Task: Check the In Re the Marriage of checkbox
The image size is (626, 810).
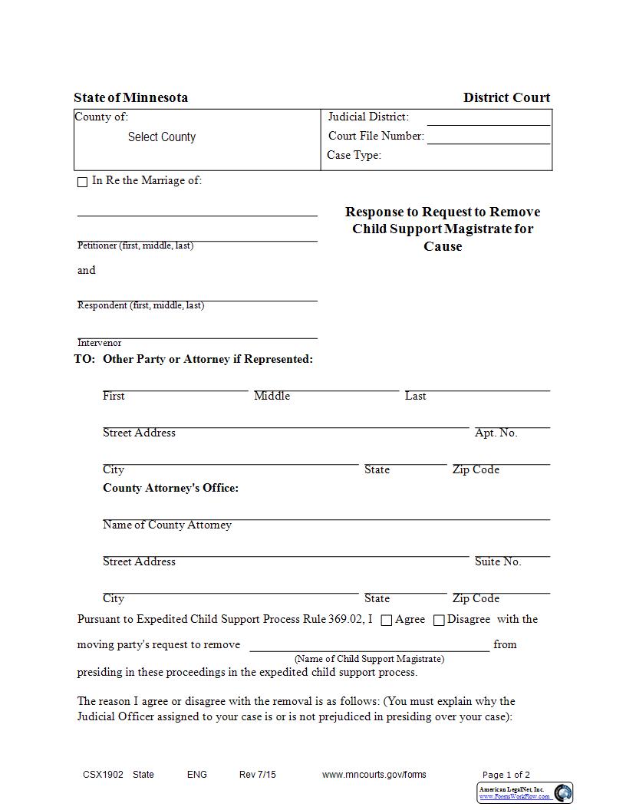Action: click(83, 183)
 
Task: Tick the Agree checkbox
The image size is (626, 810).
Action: click(387, 621)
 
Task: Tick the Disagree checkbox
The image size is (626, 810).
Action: click(439, 621)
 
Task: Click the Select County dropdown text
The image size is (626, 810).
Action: click(162, 137)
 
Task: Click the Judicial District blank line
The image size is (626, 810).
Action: click(488, 120)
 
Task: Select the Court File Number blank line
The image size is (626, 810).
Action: click(488, 139)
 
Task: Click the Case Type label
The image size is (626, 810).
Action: click(354, 155)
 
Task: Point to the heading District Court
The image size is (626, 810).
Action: click(506, 97)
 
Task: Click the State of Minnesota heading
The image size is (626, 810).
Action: click(130, 97)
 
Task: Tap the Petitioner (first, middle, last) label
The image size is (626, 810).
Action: click(135, 245)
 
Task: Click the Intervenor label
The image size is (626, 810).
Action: click(99, 343)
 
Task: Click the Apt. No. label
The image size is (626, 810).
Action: click(496, 433)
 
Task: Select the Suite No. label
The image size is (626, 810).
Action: click(497, 561)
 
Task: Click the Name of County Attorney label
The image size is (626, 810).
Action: click(167, 525)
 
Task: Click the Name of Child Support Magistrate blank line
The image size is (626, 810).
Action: click(369, 646)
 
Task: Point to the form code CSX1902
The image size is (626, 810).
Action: click(103, 775)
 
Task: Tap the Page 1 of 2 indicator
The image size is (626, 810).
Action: click(506, 775)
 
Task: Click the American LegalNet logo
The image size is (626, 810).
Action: click(525, 793)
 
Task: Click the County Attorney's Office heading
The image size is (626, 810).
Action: click(170, 488)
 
